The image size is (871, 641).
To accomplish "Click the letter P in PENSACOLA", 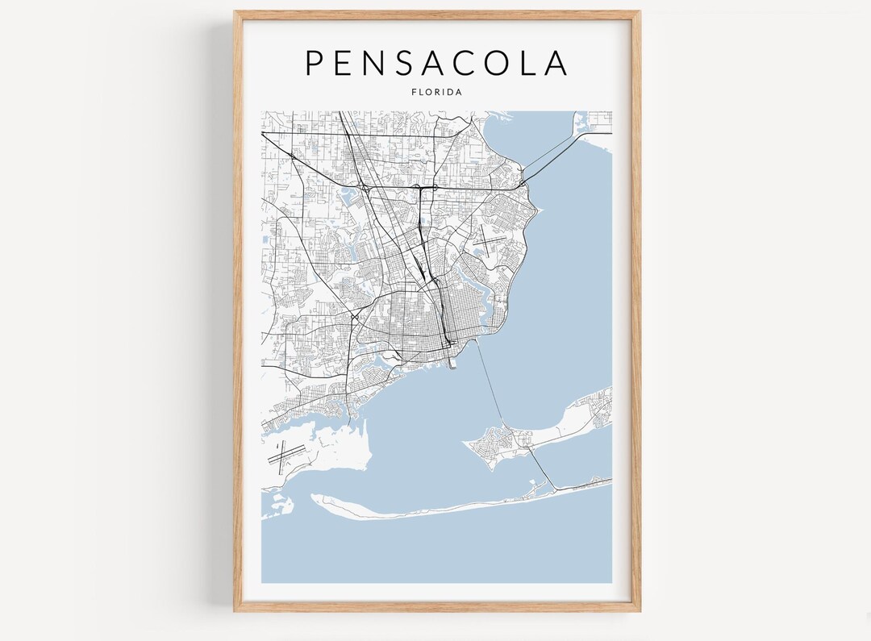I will click(315, 63).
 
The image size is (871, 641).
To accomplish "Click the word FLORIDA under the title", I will click(436, 92).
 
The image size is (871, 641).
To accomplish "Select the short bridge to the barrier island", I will click(540, 468).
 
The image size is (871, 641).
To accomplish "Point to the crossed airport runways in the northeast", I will click(490, 239).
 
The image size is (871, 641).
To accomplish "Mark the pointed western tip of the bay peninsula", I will click(466, 442).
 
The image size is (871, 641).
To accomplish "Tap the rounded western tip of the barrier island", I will click(315, 499).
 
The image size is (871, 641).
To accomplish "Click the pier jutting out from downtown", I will click(452, 361).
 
